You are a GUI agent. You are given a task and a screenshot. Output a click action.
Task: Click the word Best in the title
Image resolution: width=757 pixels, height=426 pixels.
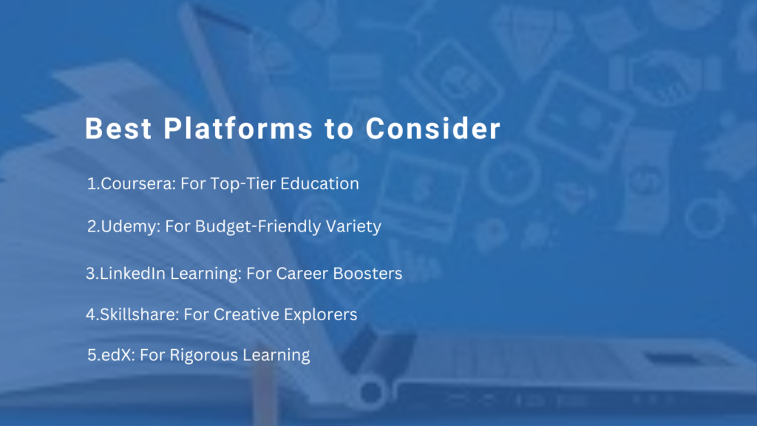point(119,129)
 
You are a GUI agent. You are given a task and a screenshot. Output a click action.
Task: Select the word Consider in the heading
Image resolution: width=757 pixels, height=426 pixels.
point(433,129)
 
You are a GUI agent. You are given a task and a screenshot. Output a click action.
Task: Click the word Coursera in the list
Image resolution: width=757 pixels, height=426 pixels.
point(138,183)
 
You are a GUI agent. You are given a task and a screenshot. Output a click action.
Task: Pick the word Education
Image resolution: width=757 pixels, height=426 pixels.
point(319,183)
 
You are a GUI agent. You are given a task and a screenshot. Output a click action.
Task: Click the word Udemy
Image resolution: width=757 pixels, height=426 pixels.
point(130,226)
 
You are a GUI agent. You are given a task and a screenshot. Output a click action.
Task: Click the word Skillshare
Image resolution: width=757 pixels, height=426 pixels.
point(139,314)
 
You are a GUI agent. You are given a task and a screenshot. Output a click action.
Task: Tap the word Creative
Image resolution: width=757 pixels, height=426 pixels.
point(246,314)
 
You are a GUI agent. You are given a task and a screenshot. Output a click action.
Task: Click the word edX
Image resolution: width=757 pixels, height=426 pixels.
point(118,355)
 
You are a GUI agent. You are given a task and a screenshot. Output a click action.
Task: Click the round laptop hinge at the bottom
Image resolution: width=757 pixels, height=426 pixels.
point(371,392)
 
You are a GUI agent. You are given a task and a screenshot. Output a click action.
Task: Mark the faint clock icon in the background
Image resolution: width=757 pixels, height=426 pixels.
point(510,172)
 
